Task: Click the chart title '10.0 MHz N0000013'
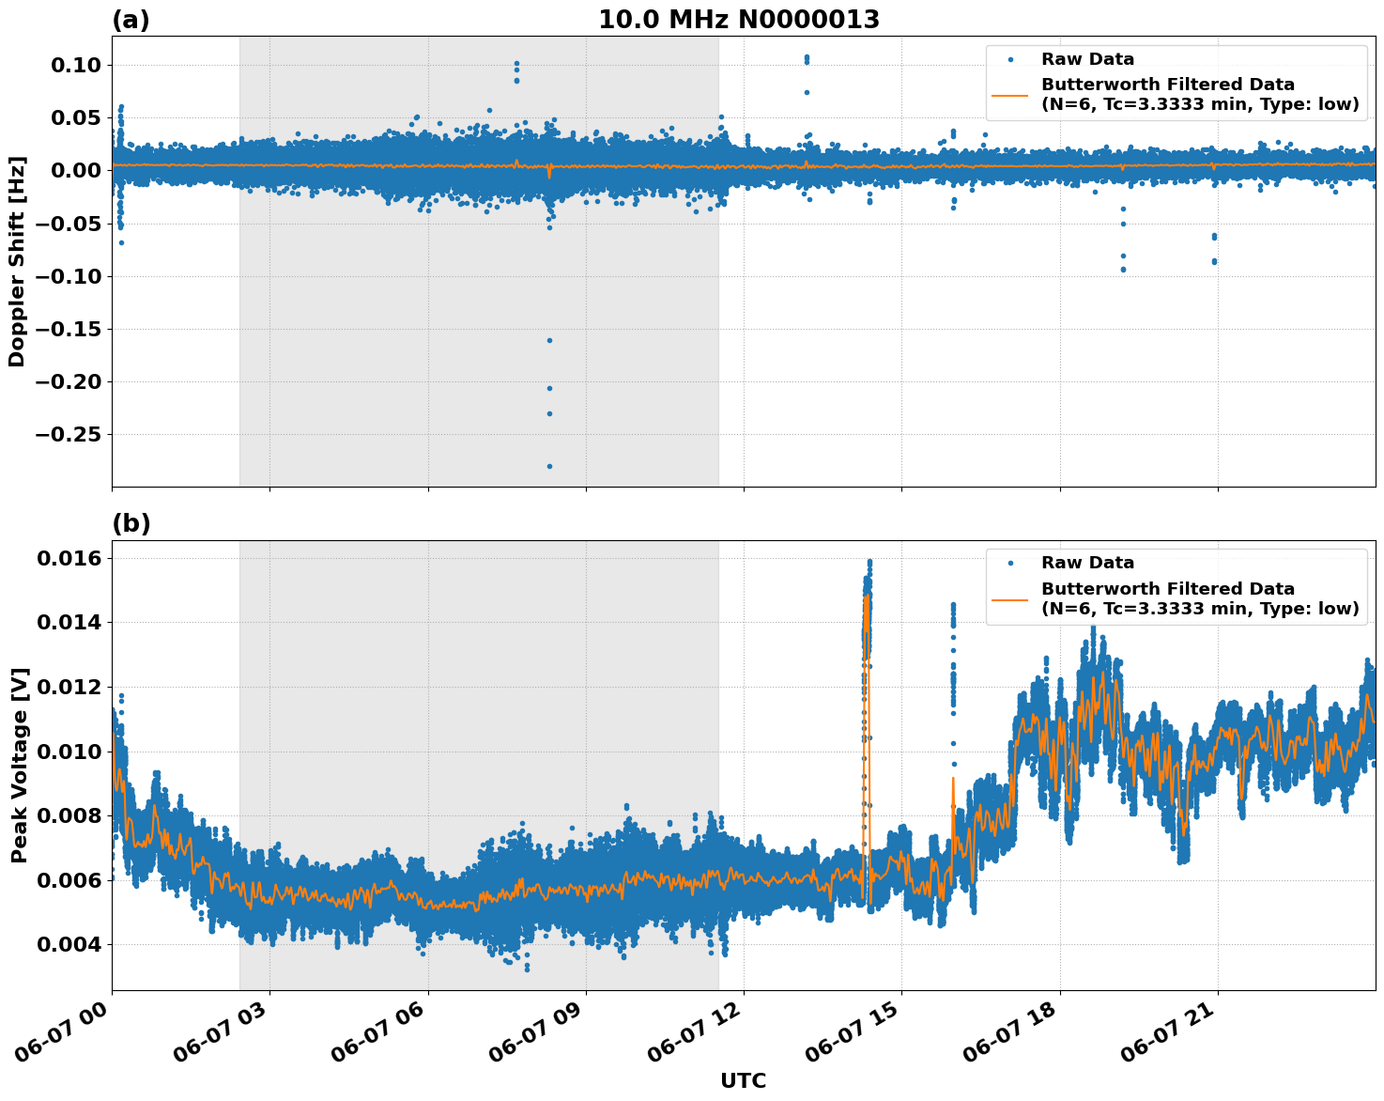[739, 20]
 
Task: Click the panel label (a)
[131, 20]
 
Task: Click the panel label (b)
[131, 523]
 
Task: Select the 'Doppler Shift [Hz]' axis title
[17, 261]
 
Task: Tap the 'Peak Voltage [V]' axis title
[19, 765]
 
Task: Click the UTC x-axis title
[743, 1080]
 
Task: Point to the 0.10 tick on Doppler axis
[74, 65]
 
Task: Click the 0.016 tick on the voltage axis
[68, 559]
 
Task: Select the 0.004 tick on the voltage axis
[68, 944]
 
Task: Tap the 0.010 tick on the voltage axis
[68, 752]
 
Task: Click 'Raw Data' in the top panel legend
[1087, 59]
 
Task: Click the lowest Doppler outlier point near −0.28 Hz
[549, 466]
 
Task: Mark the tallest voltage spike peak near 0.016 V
[869, 562]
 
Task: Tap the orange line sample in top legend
[1010, 94]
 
